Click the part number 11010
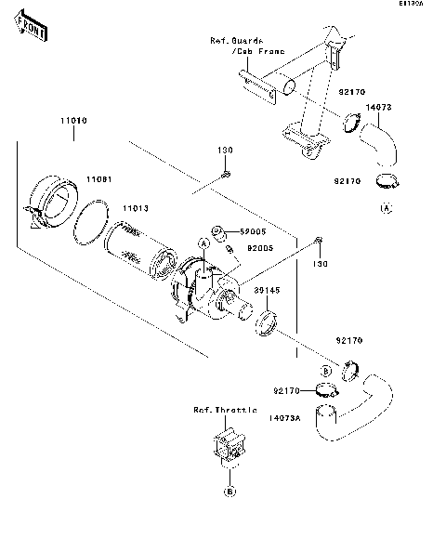click(74, 122)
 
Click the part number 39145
click(266, 289)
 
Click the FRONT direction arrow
click(32, 30)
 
